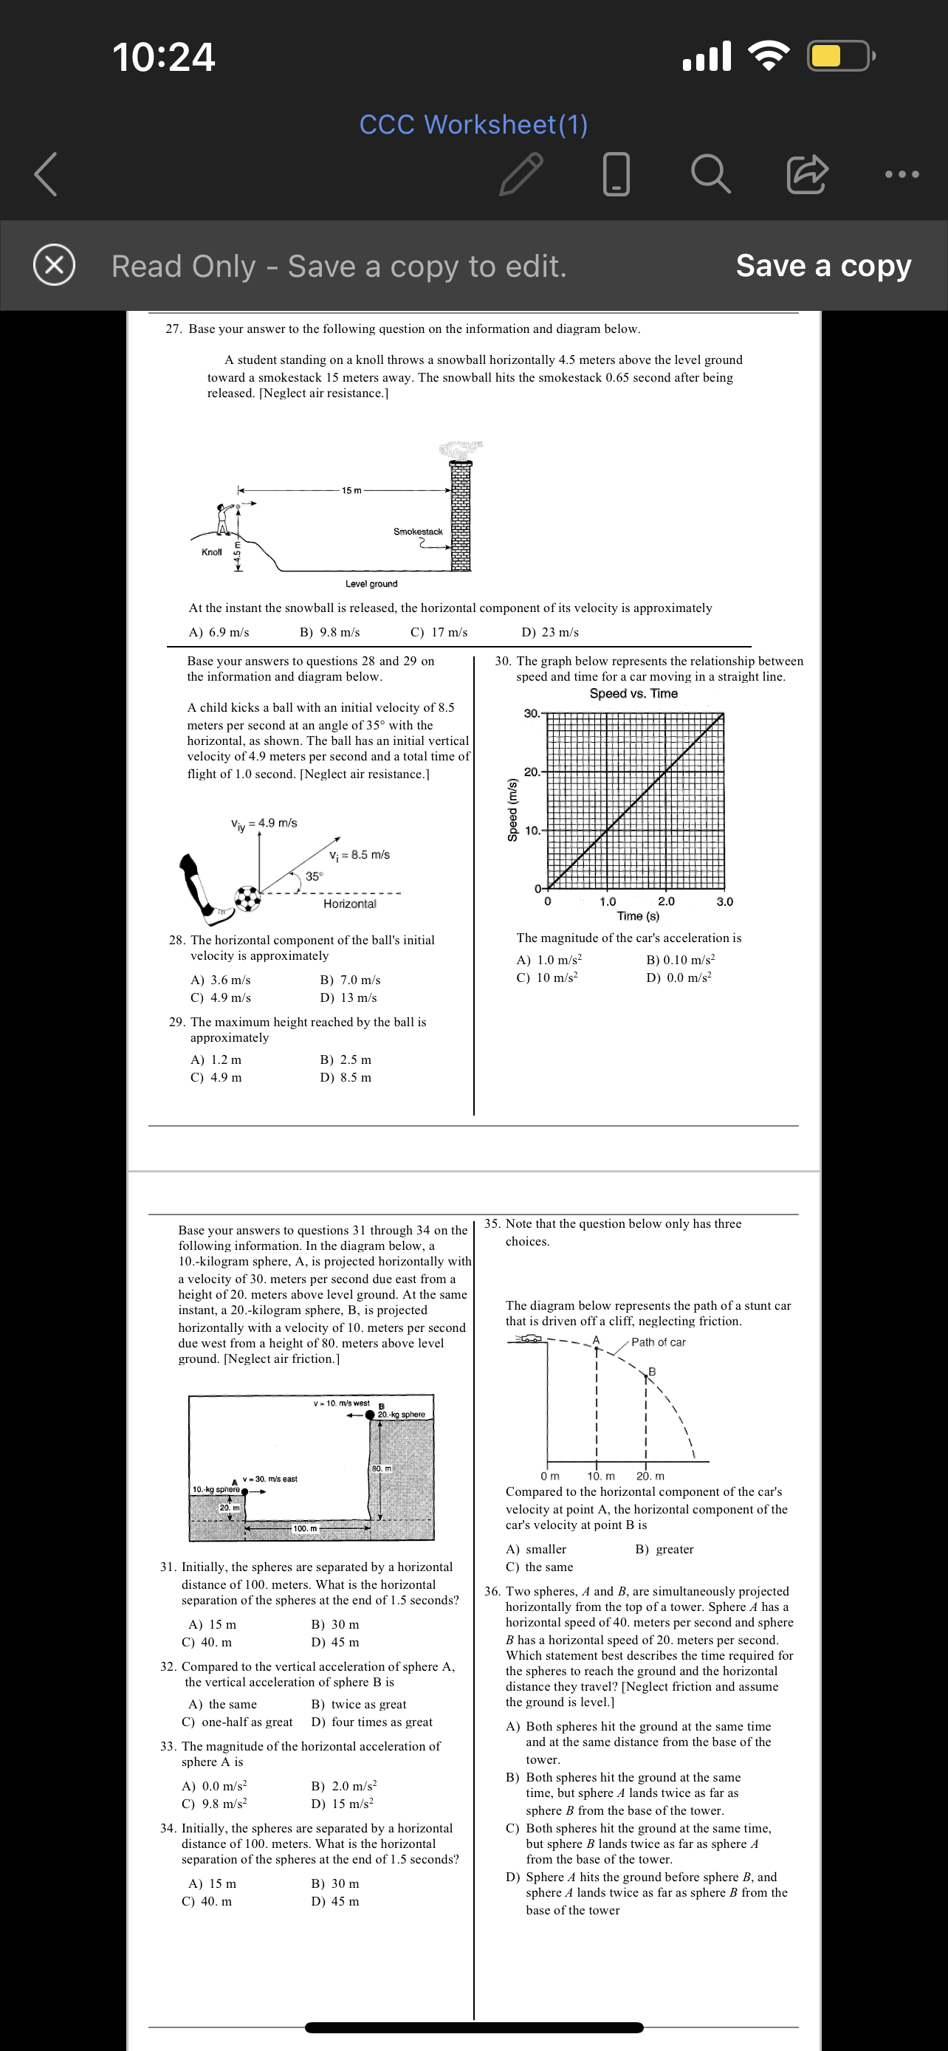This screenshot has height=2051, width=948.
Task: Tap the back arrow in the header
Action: click(x=45, y=174)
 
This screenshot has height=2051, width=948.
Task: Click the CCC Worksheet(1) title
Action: click(x=473, y=124)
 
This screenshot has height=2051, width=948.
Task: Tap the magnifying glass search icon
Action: click(x=710, y=174)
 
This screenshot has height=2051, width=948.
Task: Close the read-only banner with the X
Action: click(x=54, y=265)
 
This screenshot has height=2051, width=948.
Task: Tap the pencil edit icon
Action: click(x=521, y=174)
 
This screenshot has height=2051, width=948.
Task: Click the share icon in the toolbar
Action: click(x=807, y=174)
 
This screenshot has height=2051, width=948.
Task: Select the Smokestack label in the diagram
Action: click(x=417, y=531)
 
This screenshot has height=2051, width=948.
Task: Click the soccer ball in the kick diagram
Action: click(x=248, y=899)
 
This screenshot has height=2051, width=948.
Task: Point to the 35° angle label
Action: click(x=315, y=876)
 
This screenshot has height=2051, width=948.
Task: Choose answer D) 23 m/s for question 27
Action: click(x=550, y=632)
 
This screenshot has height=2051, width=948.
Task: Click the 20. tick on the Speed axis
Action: click(x=532, y=772)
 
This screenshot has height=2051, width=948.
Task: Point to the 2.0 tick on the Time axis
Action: click(x=665, y=901)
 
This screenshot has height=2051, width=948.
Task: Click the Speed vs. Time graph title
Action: click(x=633, y=693)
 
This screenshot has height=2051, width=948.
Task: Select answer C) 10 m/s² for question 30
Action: click(x=547, y=978)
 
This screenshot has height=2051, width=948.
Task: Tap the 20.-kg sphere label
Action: click(x=401, y=1414)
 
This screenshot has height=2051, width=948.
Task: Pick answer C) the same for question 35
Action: click(x=539, y=1566)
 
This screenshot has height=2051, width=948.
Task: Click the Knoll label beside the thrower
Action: click(x=212, y=552)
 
